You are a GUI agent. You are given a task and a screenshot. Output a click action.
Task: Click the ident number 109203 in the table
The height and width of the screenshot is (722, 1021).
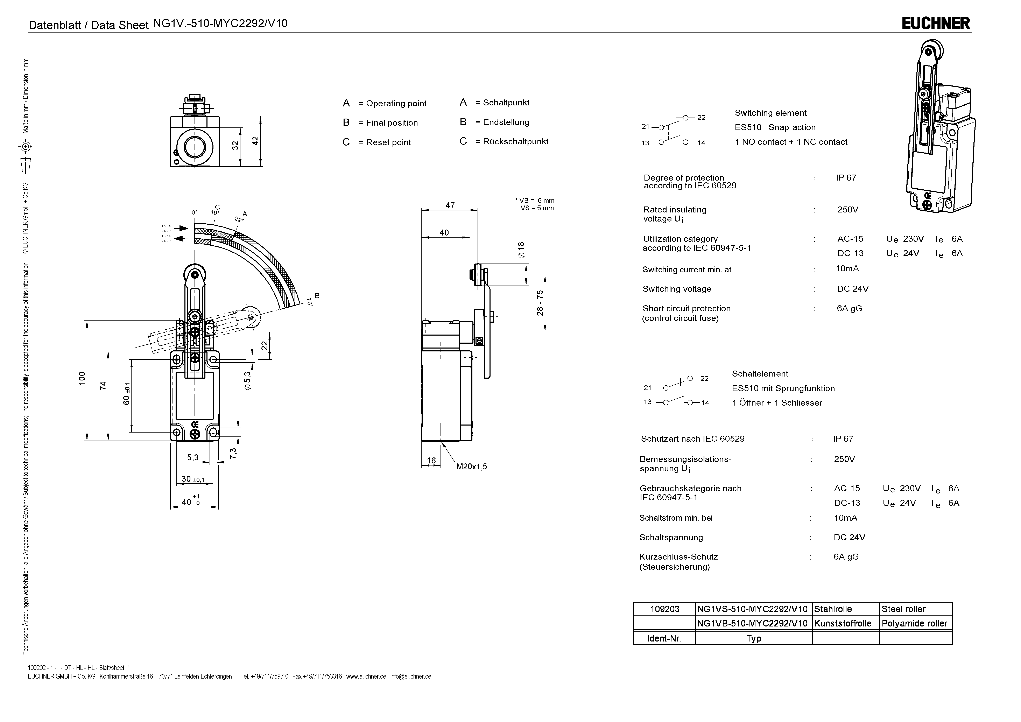pos(665,609)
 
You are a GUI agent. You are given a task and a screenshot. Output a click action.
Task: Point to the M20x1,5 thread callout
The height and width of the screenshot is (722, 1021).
pos(471,467)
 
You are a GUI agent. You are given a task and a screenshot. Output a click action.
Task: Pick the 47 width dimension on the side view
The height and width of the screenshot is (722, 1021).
pos(450,205)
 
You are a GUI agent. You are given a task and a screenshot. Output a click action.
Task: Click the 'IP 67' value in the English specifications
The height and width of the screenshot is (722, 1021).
pos(846,177)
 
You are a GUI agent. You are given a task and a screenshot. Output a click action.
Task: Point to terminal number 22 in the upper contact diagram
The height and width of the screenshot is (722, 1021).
pos(701,117)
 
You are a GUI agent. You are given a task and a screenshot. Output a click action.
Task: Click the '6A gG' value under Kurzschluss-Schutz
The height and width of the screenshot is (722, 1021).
pos(846,556)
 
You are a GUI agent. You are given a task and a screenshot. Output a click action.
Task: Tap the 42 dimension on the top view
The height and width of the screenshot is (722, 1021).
pos(255,141)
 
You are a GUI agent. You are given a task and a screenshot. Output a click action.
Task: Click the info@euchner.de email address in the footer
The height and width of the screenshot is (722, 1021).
pos(411,677)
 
